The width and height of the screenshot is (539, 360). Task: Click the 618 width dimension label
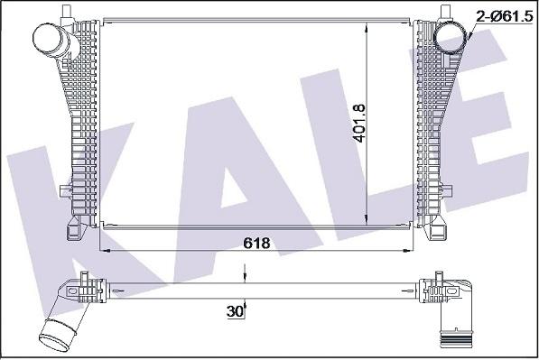[x=256, y=243]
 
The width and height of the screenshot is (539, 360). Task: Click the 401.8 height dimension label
[x=360, y=124]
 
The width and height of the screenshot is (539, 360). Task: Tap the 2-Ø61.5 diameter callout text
[x=504, y=16]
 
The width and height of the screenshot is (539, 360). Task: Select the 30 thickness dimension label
[x=235, y=311]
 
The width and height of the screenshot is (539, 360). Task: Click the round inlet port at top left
[x=48, y=38]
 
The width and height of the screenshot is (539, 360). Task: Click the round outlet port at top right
[x=451, y=37]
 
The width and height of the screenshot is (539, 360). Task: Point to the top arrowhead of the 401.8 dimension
[x=367, y=26]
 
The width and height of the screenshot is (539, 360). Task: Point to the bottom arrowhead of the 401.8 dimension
[x=367, y=219]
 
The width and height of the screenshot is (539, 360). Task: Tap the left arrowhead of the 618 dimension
[x=104, y=251]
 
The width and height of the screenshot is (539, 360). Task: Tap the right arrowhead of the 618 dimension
[x=407, y=251]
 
